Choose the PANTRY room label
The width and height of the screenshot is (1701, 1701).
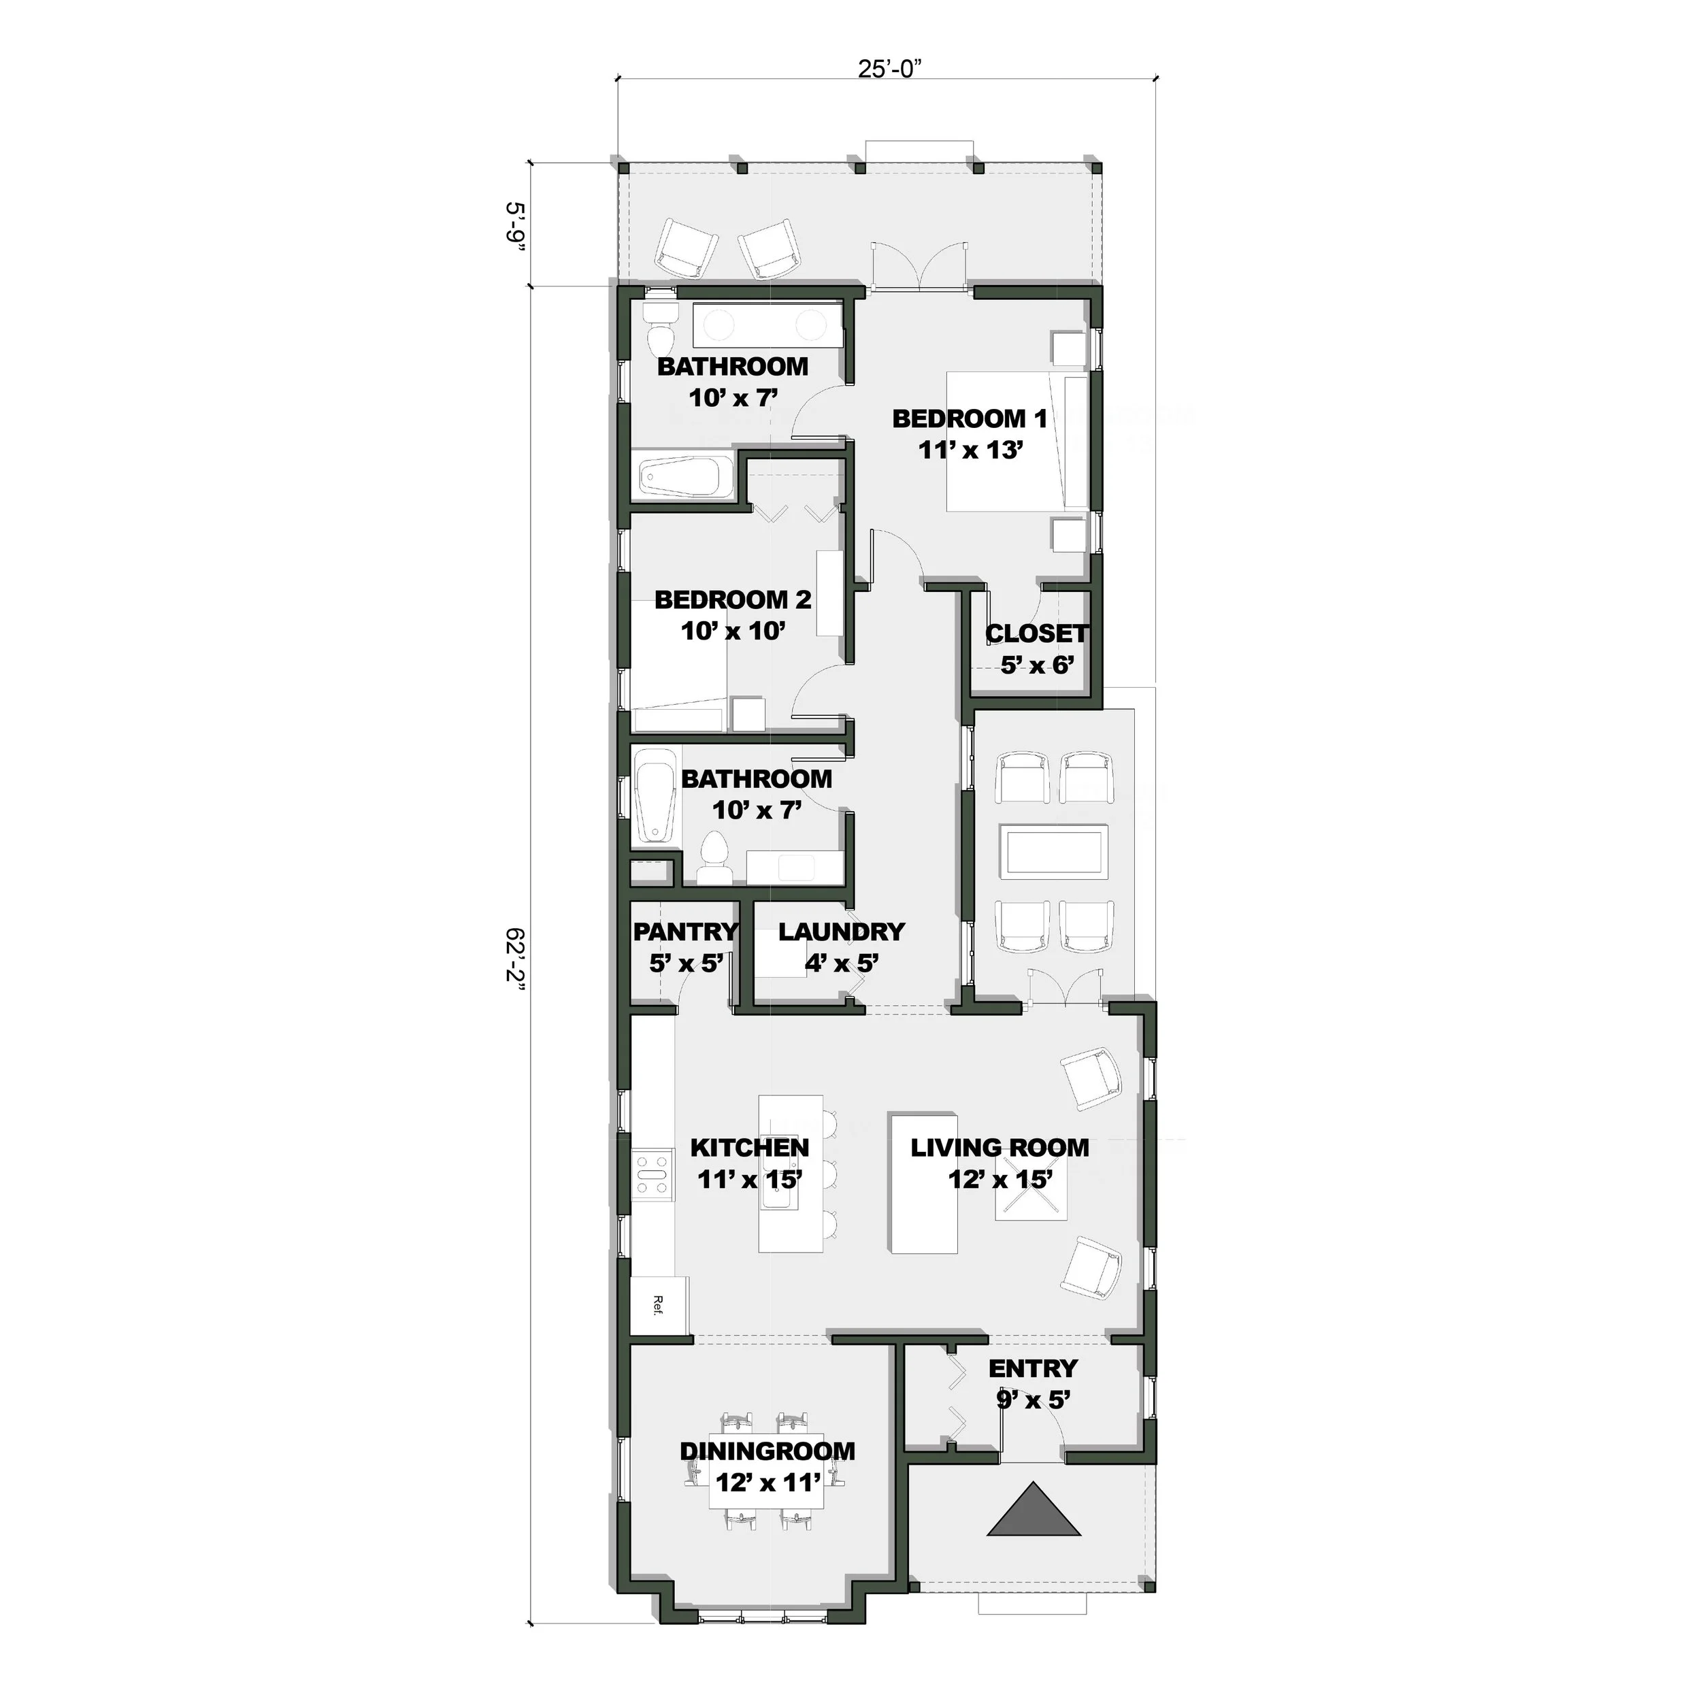pos(686,931)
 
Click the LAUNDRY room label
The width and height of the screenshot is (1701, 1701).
pos(841,931)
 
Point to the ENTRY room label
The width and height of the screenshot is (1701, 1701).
pos(1033,1368)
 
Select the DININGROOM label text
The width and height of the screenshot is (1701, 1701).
pos(767,1451)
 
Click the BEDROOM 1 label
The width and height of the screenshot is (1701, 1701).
pos(970,418)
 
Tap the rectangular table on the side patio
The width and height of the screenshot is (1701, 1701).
pos(1056,851)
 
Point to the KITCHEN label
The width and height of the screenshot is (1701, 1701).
pos(749,1147)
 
